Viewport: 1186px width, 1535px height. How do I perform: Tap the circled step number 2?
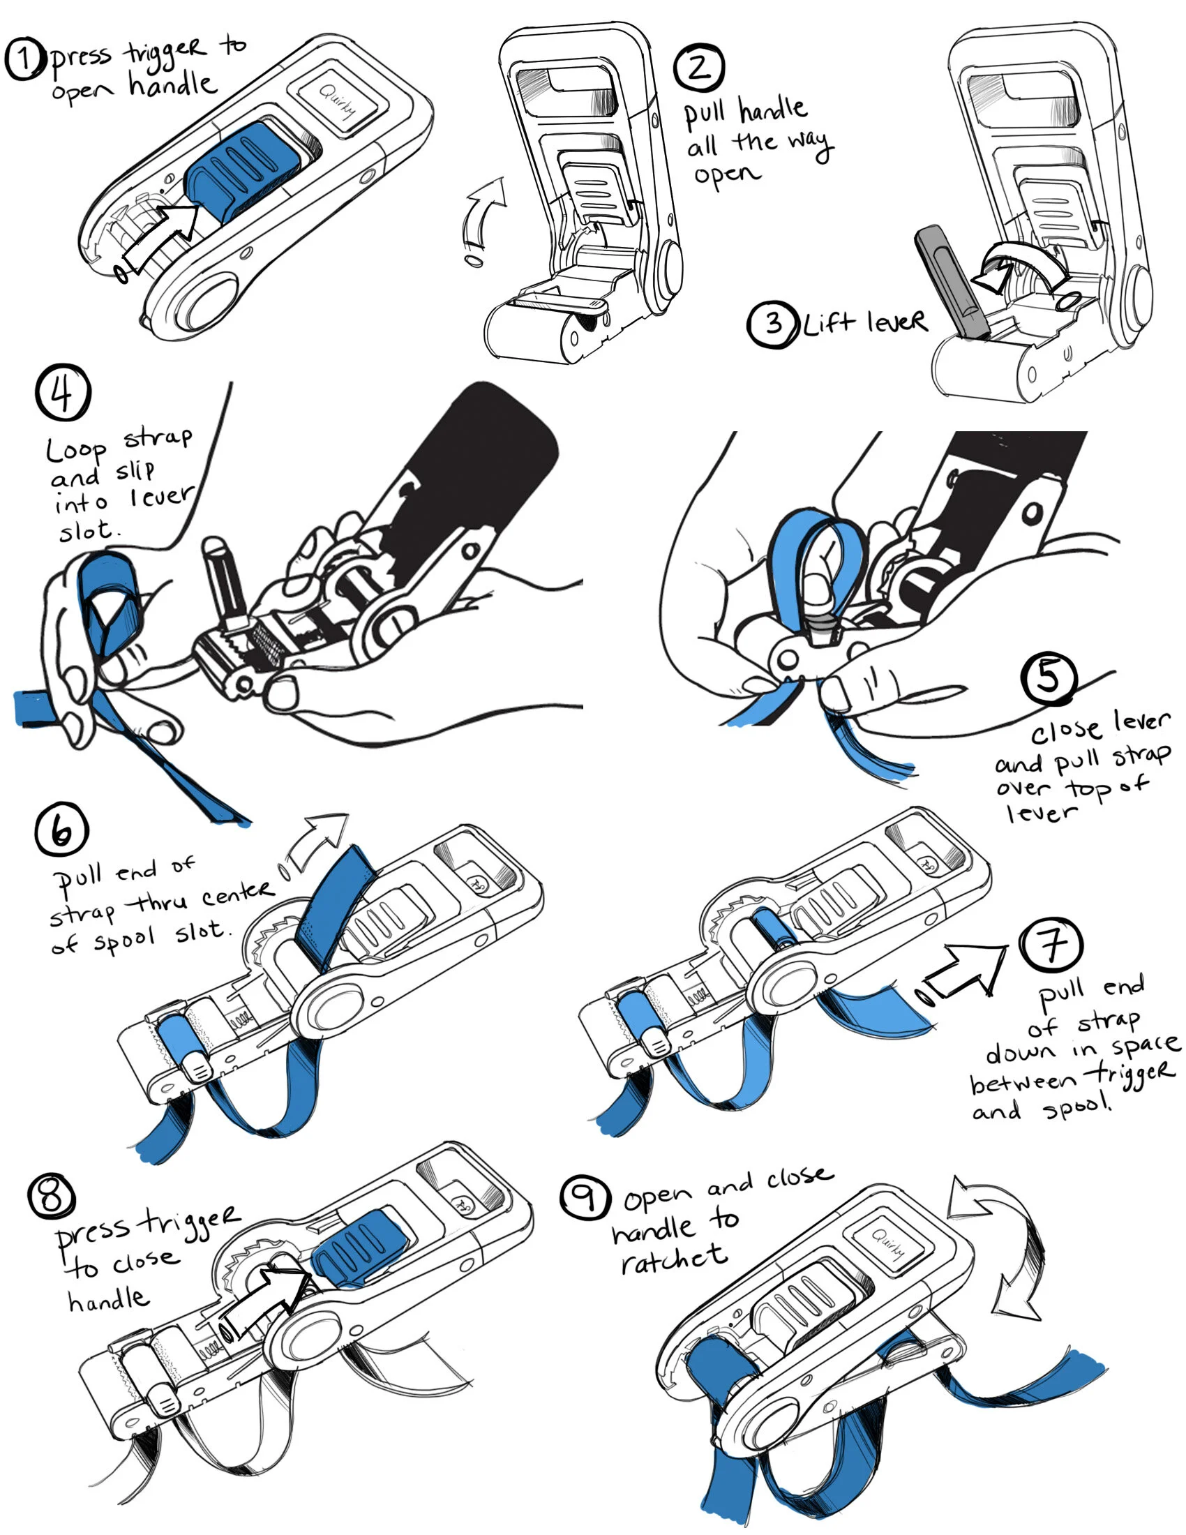(698, 68)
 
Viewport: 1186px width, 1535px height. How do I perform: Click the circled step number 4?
(63, 392)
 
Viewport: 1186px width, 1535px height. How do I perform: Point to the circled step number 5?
(1049, 677)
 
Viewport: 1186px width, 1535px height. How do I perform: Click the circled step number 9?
(585, 1197)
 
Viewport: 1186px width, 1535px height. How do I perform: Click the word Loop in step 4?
(77, 449)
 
